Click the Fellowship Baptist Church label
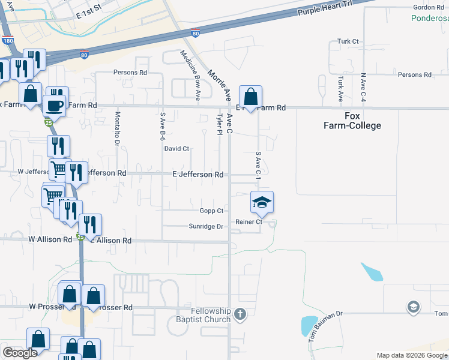(211, 315)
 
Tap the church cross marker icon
(240, 314)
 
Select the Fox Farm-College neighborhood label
(363, 121)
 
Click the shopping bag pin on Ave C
(250, 97)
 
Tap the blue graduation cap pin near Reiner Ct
(262, 203)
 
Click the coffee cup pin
(56, 106)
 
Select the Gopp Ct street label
(211, 211)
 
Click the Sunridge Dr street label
(206, 227)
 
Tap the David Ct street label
(176, 148)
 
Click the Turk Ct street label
(348, 41)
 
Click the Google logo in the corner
(20, 353)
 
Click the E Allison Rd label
(110, 240)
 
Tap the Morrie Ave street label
(218, 85)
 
